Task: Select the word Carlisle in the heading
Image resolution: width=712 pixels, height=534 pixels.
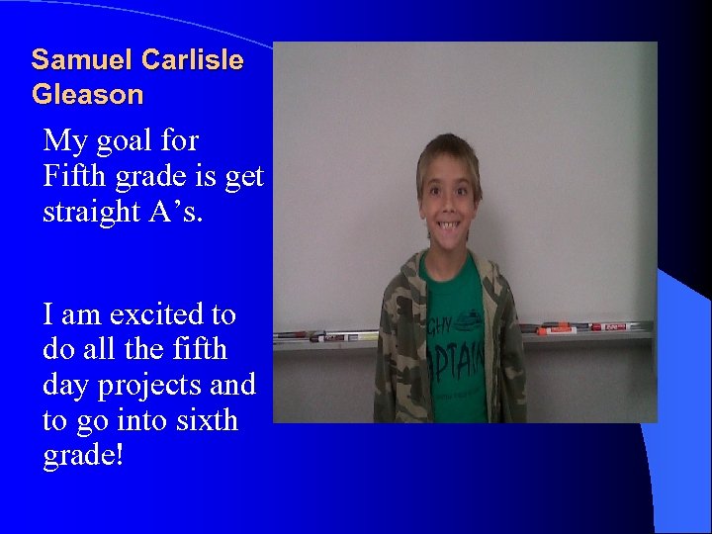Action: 192,60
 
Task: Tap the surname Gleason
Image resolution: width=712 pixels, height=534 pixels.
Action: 87,96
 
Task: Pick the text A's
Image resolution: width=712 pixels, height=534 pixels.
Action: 177,211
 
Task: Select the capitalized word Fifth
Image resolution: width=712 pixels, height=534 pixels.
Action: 77,177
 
